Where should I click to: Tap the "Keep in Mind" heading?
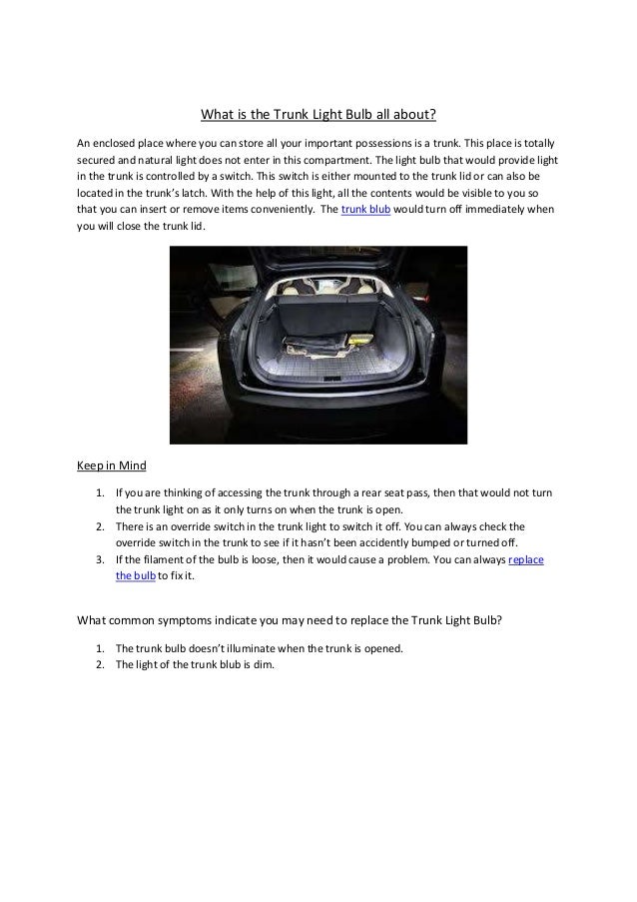click(111, 464)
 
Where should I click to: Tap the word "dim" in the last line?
click(273, 665)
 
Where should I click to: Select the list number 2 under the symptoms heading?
click(100, 665)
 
